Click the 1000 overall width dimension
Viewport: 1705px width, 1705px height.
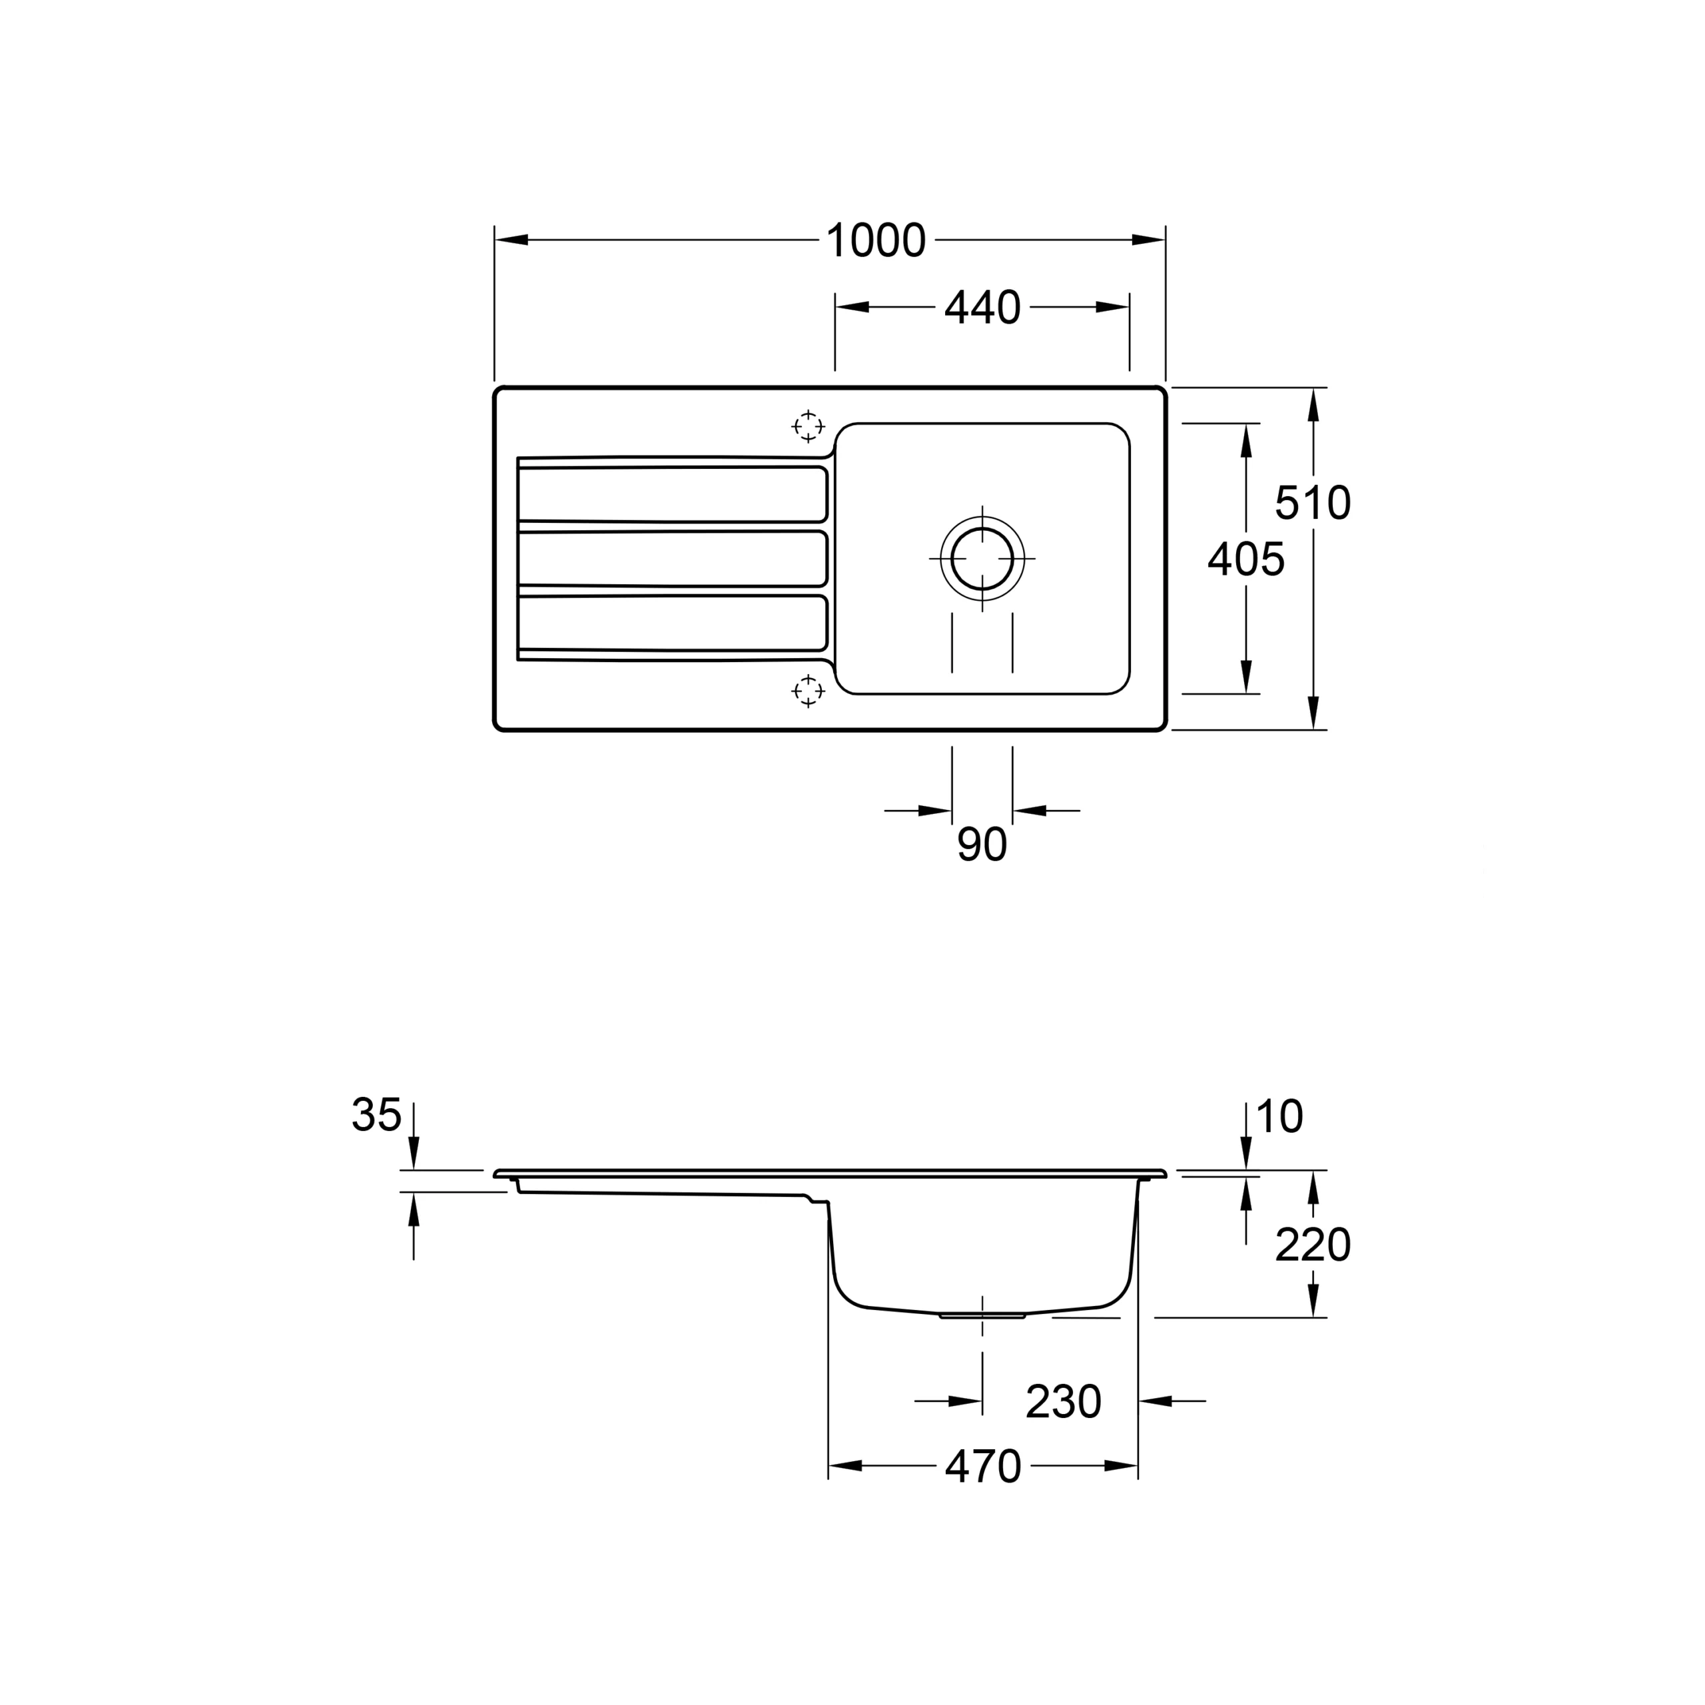point(875,241)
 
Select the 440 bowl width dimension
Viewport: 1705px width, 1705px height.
point(982,308)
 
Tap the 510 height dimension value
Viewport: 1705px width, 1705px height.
point(1312,503)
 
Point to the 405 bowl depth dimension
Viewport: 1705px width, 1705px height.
point(1245,559)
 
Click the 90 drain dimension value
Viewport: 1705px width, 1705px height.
point(981,845)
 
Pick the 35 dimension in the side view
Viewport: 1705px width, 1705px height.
point(377,1116)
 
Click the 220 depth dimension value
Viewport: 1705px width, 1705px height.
point(1312,1246)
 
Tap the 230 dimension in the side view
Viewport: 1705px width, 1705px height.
point(1064,1401)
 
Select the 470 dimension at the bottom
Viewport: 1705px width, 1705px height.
point(982,1467)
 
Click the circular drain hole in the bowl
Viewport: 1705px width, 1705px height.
point(982,559)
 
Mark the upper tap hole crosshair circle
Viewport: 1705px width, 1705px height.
point(807,426)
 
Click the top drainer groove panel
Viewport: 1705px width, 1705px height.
point(671,494)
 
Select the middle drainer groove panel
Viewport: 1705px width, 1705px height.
point(671,559)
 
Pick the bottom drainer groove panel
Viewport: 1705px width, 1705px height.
point(671,623)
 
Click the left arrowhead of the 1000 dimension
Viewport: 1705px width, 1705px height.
point(512,240)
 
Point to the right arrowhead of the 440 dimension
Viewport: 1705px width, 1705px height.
point(1113,307)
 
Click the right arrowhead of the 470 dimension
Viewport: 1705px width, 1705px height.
point(1121,1466)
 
